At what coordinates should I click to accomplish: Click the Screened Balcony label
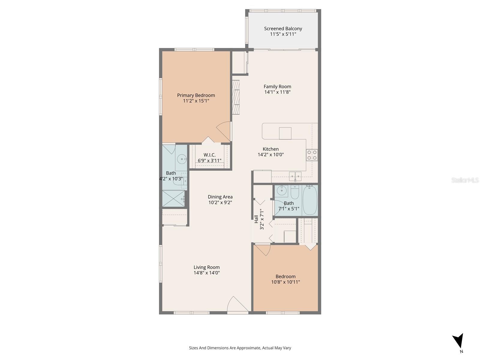coord(283,28)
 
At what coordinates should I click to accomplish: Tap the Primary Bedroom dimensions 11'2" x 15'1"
coord(196,101)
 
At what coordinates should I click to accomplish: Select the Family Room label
coord(277,86)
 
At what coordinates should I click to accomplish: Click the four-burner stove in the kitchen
coord(312,155)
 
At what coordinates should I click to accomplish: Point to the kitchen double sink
coord(295,176)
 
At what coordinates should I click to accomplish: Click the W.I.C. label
coord(209,155)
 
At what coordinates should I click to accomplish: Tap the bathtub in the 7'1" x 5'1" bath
coord(310,200)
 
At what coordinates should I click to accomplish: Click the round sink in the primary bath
coord(181,159)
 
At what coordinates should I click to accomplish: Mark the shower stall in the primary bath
coord(173,198)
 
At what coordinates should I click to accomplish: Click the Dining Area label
coord(220,197)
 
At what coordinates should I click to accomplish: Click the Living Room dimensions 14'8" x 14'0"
coord(207,273)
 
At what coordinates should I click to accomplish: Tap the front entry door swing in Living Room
coord(237,304)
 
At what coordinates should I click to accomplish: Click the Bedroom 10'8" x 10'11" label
coord(286,276)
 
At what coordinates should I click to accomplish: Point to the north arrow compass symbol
coord(458,341)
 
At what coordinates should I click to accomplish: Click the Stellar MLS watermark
coord(465,180)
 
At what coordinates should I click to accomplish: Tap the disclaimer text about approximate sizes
coord(240,348)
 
